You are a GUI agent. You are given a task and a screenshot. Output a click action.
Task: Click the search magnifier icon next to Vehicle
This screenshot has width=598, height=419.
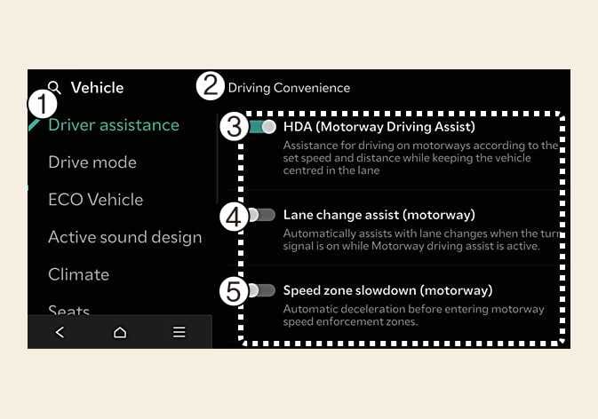point(55,88)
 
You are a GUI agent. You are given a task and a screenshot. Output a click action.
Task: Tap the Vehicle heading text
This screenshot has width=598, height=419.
point(97,88)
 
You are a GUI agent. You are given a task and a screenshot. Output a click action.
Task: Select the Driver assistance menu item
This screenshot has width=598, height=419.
point(114,125)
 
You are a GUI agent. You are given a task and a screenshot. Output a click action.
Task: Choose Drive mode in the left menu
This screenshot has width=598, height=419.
point(92,162)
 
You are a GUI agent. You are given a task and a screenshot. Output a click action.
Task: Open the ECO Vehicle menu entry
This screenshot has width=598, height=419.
point(95,200)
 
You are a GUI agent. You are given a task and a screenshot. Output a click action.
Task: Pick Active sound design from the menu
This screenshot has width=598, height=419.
point(124,237)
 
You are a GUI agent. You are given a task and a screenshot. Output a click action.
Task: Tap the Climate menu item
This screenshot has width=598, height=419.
point(78,274)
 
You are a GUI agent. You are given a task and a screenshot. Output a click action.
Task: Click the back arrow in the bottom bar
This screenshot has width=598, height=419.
point(60,332)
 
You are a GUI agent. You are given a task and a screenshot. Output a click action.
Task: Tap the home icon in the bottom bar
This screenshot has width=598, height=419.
point(119,332)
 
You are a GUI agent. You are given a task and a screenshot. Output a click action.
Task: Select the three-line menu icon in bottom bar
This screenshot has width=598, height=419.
point(179,332)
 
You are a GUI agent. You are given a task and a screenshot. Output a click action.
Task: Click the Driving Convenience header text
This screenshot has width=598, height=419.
point(289,88)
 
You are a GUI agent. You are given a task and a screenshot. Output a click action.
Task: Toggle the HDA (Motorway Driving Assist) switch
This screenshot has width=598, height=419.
point(263,127)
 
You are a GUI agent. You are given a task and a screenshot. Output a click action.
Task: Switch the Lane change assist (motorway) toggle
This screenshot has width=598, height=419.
point(263,215)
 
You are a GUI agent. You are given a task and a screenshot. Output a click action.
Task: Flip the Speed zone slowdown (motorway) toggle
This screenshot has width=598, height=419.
point(263,290)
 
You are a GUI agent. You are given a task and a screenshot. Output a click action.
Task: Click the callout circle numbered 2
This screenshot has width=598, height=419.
point(211,86)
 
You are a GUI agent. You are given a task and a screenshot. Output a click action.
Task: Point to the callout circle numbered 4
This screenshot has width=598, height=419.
point(233,217)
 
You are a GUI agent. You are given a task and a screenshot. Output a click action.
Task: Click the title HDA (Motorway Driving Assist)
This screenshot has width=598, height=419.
point(379,127)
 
